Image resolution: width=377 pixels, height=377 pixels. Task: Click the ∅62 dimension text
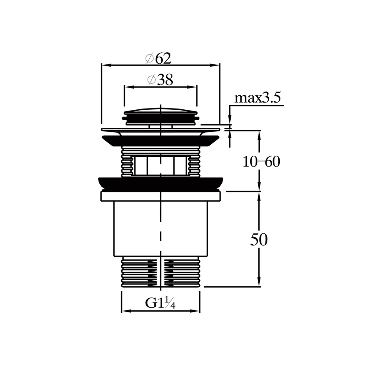158,58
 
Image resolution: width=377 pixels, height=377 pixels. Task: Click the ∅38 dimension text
160,80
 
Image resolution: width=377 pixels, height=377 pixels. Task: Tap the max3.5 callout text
257,98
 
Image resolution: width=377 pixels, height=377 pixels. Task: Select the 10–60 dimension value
261,162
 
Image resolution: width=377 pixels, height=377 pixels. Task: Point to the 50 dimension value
259,240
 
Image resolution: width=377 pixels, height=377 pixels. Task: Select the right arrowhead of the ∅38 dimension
195,86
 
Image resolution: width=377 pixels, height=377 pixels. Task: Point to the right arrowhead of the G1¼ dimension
196,311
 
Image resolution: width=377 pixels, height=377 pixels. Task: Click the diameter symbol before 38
151,80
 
